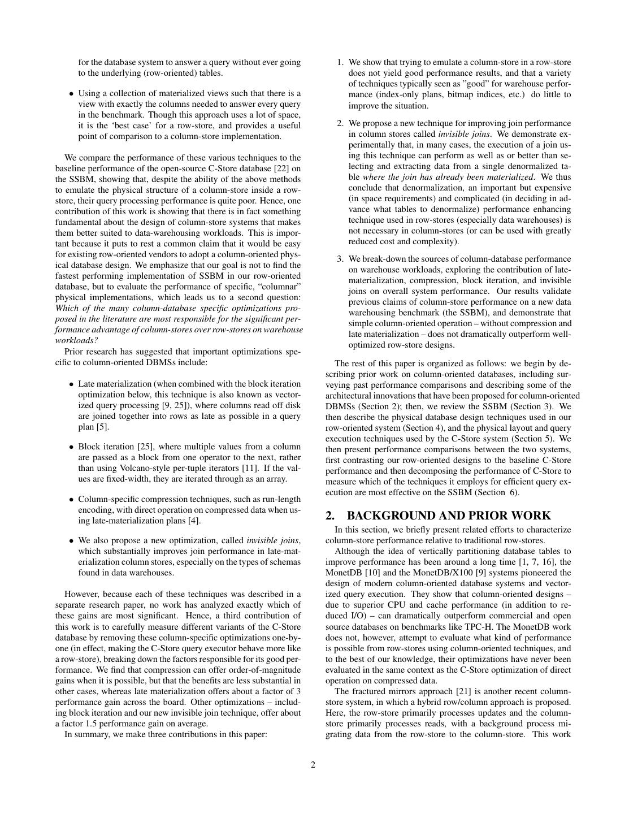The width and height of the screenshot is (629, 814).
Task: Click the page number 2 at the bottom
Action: click(x=313, y=765)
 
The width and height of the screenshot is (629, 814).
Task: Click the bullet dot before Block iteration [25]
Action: click(x=71, y=447)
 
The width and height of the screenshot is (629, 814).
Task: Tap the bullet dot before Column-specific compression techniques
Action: click(x=71, y=500)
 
